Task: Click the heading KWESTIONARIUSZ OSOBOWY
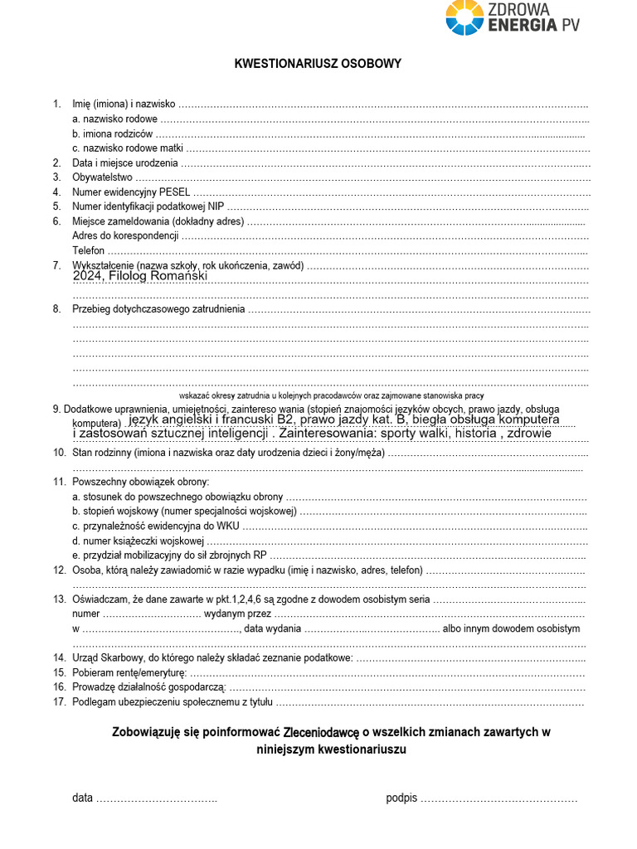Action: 318,64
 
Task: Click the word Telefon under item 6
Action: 89,250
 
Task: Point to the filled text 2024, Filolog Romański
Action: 140,276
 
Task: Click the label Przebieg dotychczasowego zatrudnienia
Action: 158,309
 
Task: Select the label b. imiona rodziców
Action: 112,133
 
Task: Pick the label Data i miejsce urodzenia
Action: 125,163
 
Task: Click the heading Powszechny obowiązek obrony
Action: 141,482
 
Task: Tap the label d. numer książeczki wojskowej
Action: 138,541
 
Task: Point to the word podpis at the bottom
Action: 401,798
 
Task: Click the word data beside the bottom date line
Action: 82,798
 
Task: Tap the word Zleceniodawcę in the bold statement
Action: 321,733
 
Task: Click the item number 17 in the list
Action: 59,702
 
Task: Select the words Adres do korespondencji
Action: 125,235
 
